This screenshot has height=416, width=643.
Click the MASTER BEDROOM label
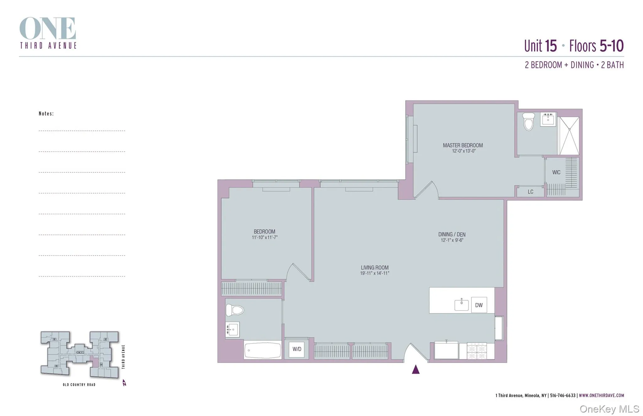[462, 145]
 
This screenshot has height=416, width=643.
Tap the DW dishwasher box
[479, 305]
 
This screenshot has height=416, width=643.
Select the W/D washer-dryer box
[297, 349]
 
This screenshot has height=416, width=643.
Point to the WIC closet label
[556, 172]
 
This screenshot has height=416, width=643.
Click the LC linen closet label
[530, 192]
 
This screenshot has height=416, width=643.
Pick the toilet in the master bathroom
[528, 122]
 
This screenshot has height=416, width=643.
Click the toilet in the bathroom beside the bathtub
[235, 310]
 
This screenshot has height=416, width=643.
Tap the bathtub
[262, 350]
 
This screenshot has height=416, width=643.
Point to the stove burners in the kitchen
[477, 351]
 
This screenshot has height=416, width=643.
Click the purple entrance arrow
[416, 370]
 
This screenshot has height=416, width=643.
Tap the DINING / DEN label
[452, 235]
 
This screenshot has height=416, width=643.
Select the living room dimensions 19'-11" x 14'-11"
[375, 273]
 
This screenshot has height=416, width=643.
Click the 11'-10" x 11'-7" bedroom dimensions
[264, 238]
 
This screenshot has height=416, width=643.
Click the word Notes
[46, 114]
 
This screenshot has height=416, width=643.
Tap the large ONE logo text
[48, 29]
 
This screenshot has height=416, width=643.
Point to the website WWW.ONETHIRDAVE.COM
[601, 396]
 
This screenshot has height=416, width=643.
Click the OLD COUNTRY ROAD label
[79, 385]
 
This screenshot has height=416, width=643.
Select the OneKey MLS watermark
[609, 409]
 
